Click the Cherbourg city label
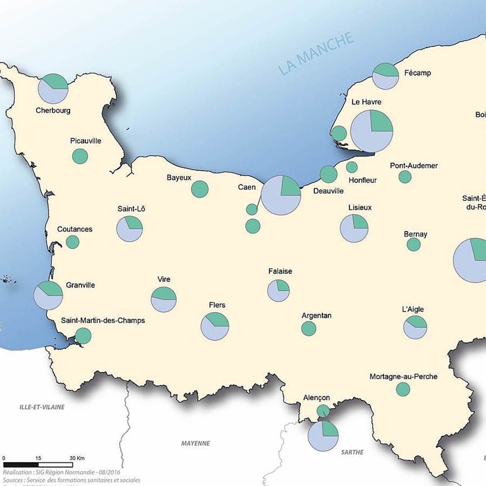tap(53, 110)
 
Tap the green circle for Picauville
tap(80, 156)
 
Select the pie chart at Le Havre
tap(371, 131)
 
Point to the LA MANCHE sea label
tap(316, 54)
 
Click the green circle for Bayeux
tap(200, 189)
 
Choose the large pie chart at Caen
tap(281, 195)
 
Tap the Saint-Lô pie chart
tap(129, 229)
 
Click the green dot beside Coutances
tap(73, 242)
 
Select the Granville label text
tap(80, 285)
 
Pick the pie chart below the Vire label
tap(164, 300)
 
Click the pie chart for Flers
tap(215, 326)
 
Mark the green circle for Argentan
tap(309, 328)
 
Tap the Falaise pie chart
tap(278, 290)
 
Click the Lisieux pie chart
tap(354, 228)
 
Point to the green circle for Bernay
tap(413, 244)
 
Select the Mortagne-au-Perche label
tap(403, 377)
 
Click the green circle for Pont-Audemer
tap(405, 177)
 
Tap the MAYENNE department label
tap(196, 443)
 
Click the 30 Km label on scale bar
tap(77, 458)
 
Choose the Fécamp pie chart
tap(385, 76)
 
